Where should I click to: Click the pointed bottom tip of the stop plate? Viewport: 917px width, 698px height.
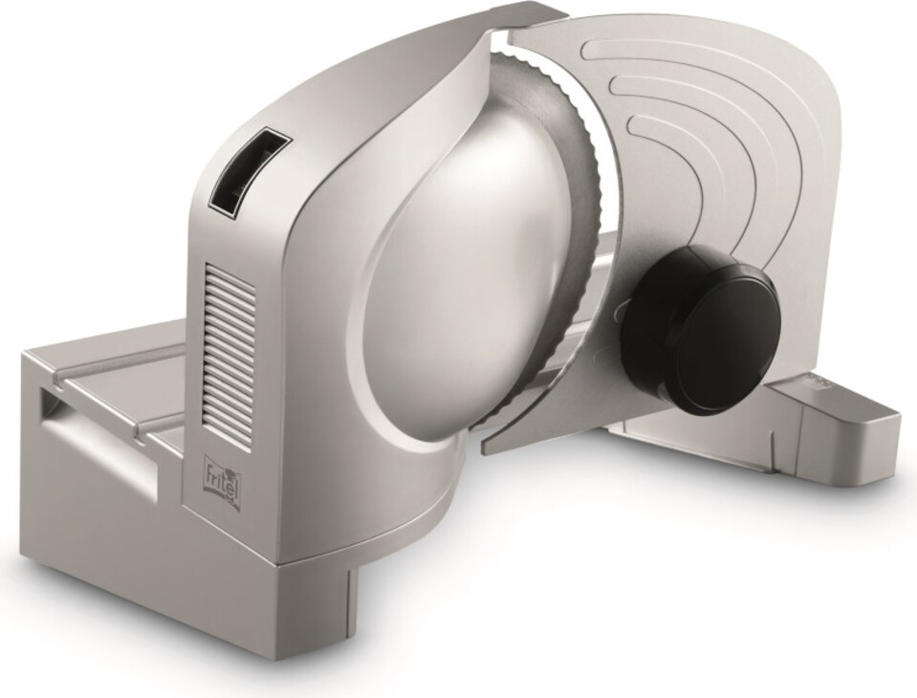[x=483, y=449]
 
